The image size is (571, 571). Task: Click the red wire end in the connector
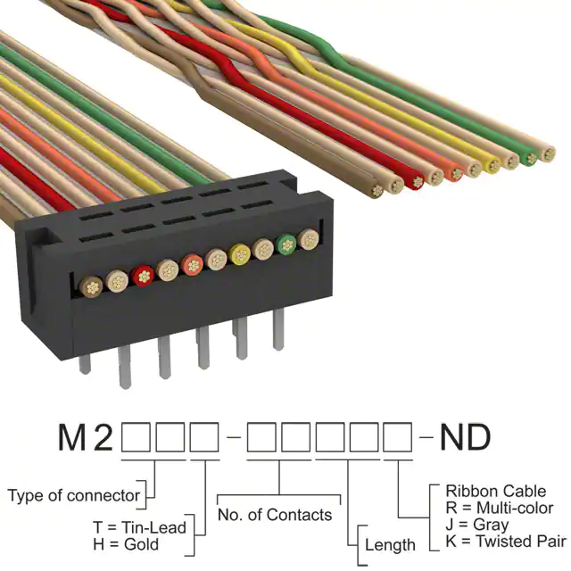pos(143,277)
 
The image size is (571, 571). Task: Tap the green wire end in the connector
pos(287,244)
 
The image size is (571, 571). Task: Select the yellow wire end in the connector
pos(240,253)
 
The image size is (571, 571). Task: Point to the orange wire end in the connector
pos(192,265)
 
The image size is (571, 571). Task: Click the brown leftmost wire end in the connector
pos(91,287)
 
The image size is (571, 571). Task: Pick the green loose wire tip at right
pos(529,158)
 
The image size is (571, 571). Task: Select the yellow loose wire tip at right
pos(492,164)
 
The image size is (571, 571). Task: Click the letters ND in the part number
pos(466,437)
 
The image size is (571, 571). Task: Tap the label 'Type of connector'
pos(73,495)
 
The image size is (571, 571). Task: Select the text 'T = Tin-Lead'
pos(139,527)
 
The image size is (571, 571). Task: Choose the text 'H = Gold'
pos(126,544)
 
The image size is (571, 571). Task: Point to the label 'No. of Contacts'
pos(275,515)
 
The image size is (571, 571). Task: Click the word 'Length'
pos(390,545)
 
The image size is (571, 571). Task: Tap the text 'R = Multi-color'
pos(500,508)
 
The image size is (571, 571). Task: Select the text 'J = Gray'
pos(477,525)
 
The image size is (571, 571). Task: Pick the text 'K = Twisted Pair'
pos(506,542)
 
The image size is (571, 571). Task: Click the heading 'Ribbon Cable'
pos(496,492)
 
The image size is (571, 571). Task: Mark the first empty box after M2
pos(136,437)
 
